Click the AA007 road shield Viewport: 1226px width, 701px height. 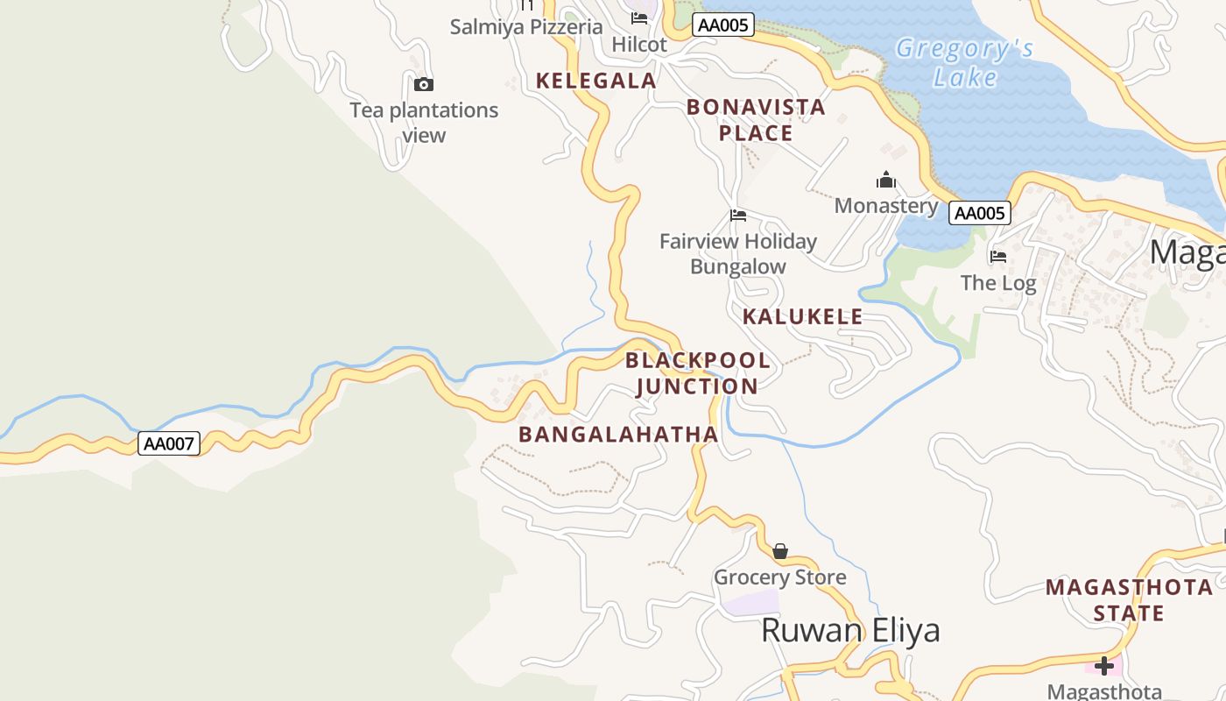(x=169, y=443)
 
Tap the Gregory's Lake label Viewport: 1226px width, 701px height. (x=964, y=63)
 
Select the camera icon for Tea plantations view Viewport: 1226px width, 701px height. (x=424, y=84)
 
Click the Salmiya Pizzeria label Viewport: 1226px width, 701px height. (x=526, y=26)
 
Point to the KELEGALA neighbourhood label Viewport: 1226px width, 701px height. (x=595, y=81)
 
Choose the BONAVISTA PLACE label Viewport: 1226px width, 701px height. (x=756, y=120)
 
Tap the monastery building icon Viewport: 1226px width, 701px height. (x=886, y=181)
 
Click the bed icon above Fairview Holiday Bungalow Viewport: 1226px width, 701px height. (x=738, y=216)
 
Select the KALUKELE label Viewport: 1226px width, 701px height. (x=802, y=316)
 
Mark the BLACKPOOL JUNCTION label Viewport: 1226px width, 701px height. (x=698, y=373)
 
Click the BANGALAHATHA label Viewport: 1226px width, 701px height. (x=618, y=434)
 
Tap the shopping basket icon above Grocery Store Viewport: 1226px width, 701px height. (x=780, y=551)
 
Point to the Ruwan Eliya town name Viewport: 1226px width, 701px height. (x=850, y=630)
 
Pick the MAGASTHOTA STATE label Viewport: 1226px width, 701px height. (x=1129, y=599)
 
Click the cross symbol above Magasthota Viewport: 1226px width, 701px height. (x=1104, y=666)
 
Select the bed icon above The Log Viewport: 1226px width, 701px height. (x=998, y=257)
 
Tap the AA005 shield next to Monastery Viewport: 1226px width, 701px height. (x=980, y=213)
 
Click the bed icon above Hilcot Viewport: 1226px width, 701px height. (x=639, y=18)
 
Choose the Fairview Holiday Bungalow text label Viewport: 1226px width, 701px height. (x=738, y=253)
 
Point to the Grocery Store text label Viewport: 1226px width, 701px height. (x=780, y=577)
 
